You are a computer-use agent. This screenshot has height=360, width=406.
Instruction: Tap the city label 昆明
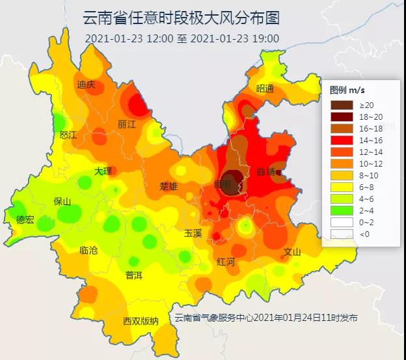[x=222, y=185]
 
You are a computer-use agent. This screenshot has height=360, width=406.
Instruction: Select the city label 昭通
[x=265, y=89]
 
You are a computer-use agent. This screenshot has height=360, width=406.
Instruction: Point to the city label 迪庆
[x=86, y=85]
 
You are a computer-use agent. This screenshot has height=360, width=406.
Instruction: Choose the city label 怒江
[x=68, y=135]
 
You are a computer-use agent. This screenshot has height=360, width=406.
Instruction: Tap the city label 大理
[x=103, y=171]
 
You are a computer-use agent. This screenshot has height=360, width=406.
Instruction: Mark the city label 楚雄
[x=169, y=186]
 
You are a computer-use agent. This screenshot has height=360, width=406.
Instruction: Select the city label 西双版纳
[x=141, y=322]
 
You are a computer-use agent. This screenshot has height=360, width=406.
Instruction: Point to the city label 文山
[x=292, y=252]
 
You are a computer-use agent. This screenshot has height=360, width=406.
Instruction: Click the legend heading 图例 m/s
[x=347, y=90]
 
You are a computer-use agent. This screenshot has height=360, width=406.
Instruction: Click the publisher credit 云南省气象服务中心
[x=213, y=318]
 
